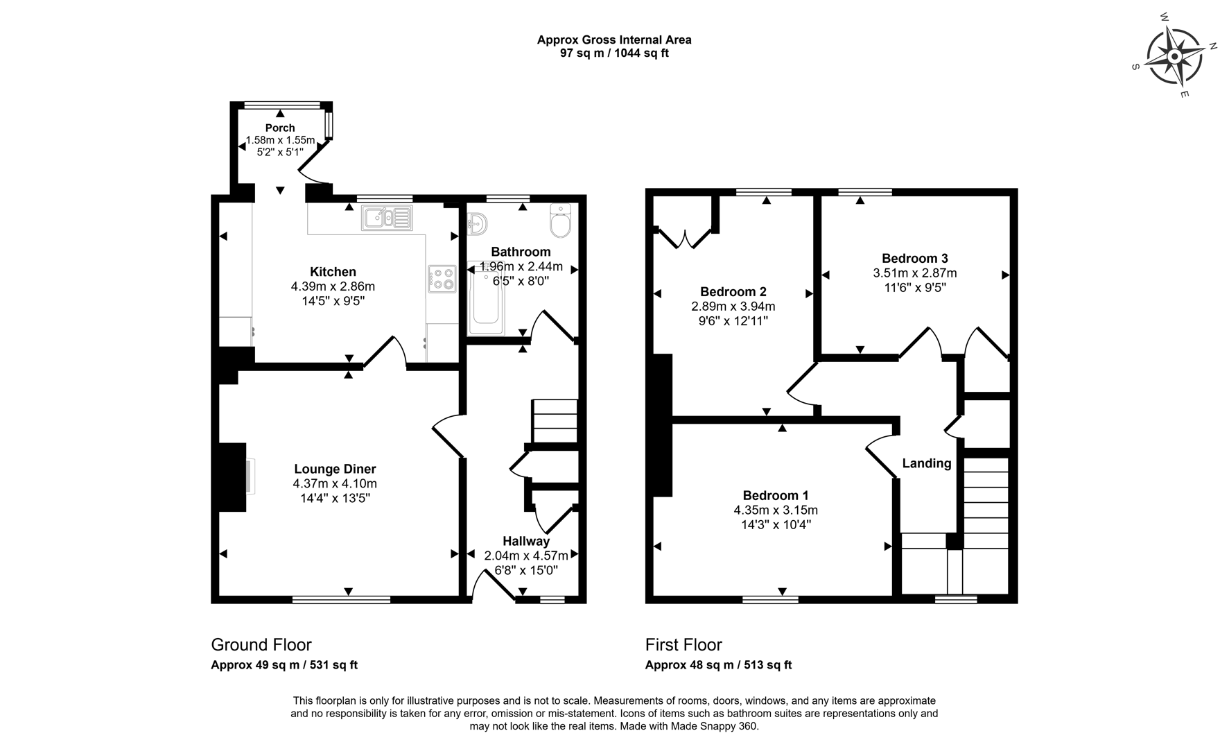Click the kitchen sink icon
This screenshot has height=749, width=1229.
[386, 218]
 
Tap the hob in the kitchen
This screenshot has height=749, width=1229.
[442, 279]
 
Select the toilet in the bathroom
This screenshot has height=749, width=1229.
[559, 218]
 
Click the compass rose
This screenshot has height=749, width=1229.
[1174, 55]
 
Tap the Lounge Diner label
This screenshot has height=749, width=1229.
[335, 469]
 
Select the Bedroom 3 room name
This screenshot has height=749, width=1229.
[914, 258]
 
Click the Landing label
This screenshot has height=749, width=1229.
[926, 463]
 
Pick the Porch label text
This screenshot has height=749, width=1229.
[280, 128]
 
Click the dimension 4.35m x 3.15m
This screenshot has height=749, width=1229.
[776, 510]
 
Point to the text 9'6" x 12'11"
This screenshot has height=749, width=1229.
[733, 321]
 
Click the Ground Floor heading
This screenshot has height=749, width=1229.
[261, 644]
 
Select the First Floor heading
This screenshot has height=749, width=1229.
[683, 644]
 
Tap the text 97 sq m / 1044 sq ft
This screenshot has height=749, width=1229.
[614, 53]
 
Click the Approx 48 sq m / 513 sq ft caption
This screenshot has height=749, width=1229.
[718, 664]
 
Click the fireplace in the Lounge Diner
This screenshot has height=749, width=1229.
[234, 476]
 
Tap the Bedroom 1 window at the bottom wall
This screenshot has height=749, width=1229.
[770, 599]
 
